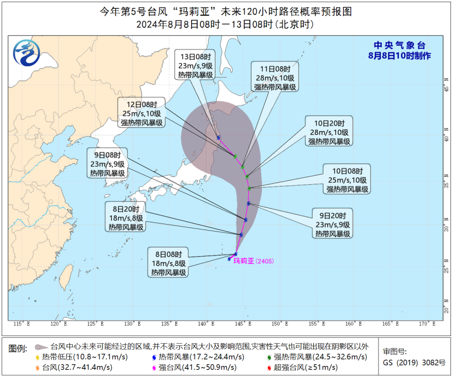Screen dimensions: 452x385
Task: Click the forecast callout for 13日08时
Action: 195,66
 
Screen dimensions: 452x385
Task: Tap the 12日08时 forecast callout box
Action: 142,113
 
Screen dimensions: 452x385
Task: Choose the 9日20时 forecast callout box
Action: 332,223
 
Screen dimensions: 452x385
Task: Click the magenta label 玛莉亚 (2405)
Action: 253,262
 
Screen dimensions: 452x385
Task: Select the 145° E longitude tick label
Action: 243,324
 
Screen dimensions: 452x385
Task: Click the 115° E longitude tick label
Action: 22,324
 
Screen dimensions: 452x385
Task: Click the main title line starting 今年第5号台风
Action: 225,11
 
